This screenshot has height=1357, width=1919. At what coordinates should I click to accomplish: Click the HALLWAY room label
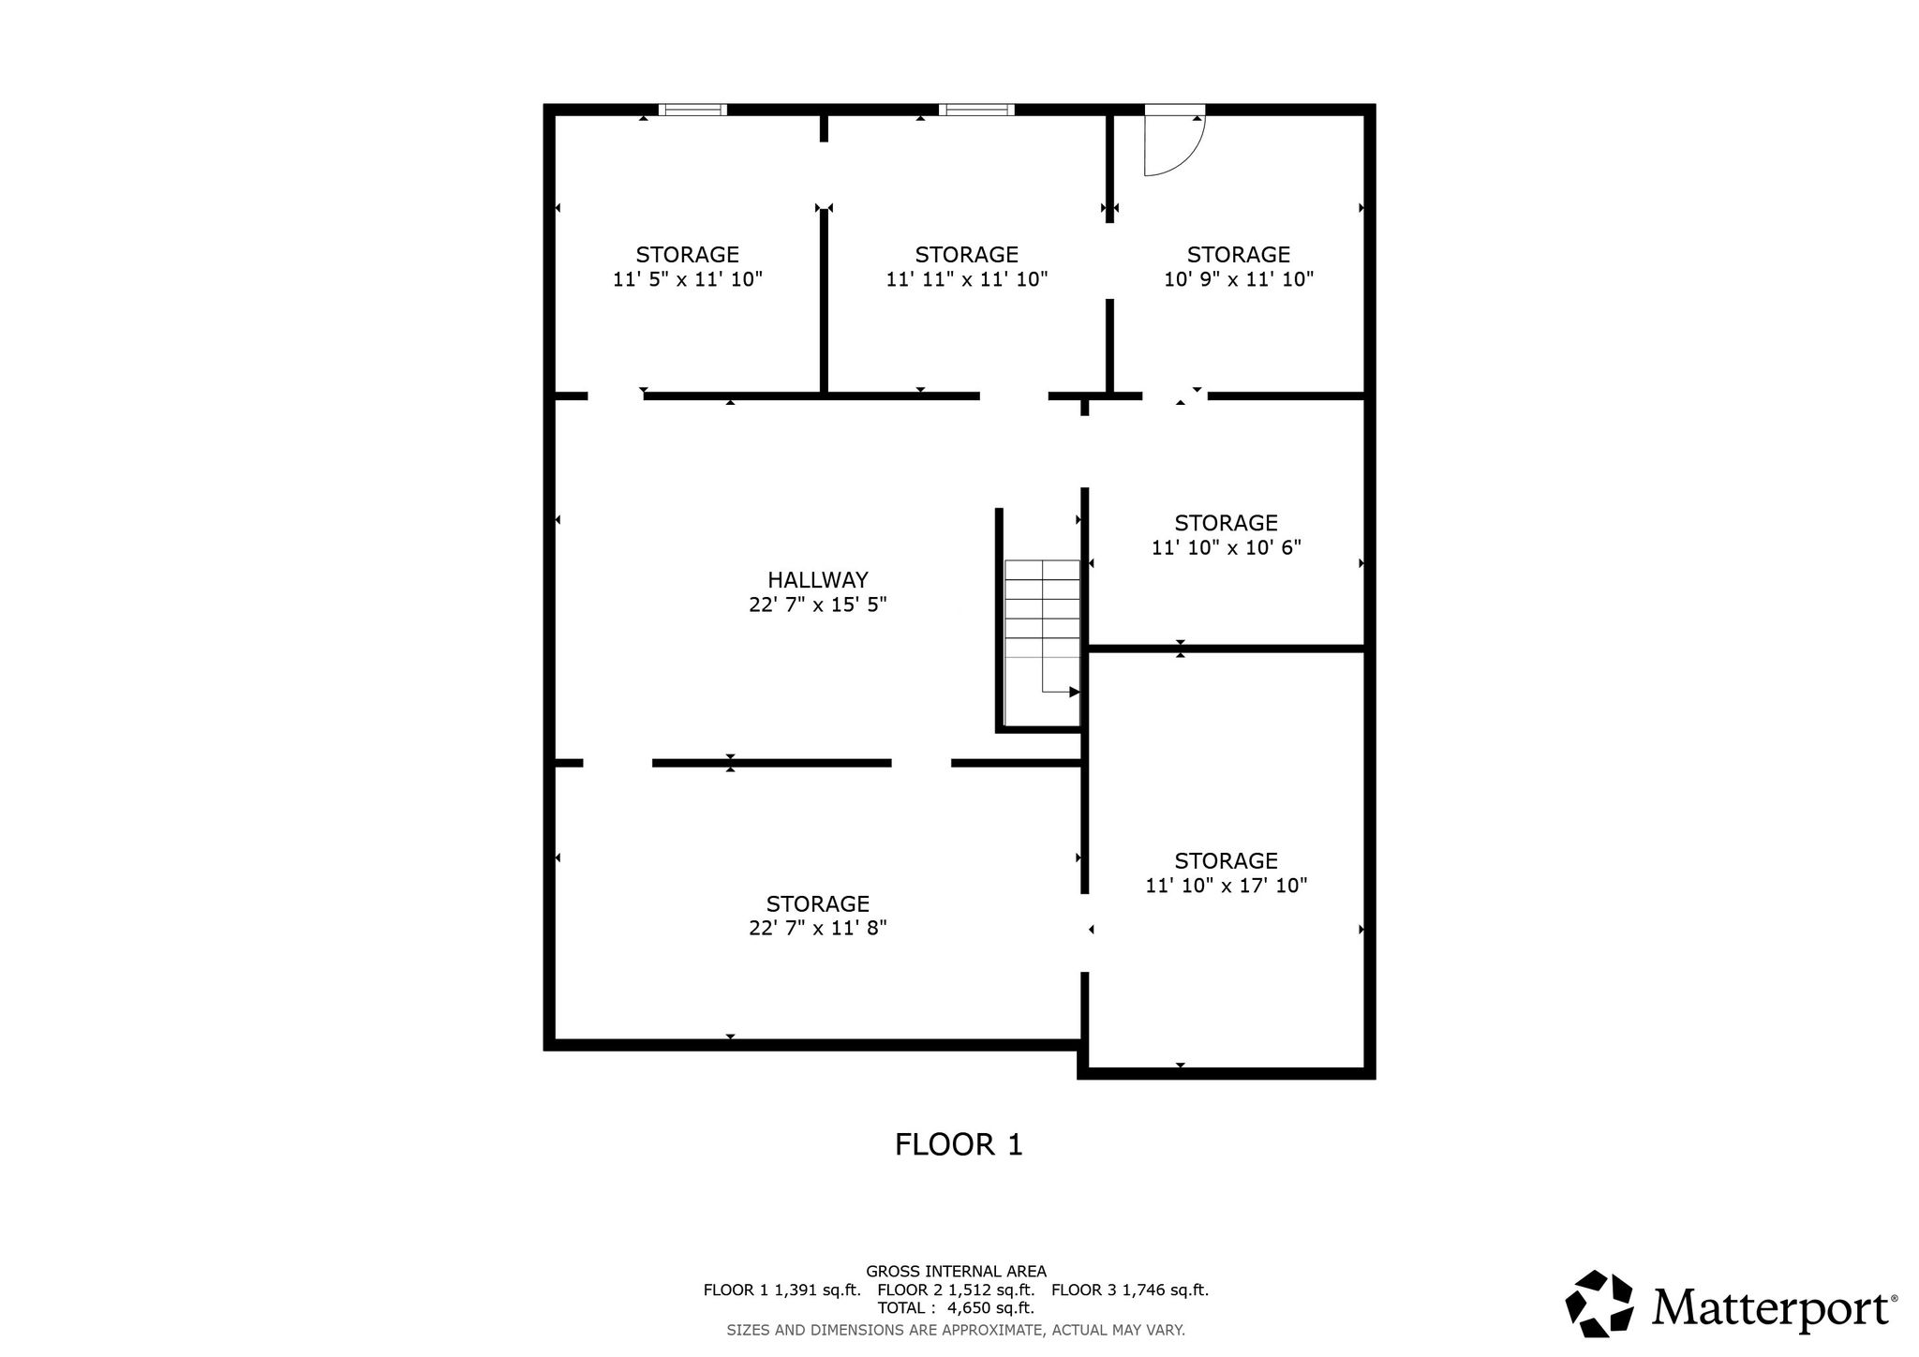click(x=818, y=580)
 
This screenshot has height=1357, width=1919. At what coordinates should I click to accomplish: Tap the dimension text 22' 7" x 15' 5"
click(x=818, y=604)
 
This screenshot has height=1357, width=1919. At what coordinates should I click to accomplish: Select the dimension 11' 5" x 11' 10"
click(x=688, y=279)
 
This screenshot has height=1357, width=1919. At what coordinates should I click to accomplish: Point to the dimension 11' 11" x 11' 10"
click(x=967, y=279)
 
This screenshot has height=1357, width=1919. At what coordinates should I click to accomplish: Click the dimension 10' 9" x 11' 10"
click(x=1239, y=279)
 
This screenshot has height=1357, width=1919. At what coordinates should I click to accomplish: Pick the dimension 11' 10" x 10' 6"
click(x=1227, y=547)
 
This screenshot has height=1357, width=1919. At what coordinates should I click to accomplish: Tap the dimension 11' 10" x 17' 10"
click(x=1227, y=886)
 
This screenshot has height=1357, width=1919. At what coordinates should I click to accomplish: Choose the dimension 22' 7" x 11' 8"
click(x=818, y=929)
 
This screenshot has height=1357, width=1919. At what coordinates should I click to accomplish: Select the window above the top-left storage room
click(x=692, y=110)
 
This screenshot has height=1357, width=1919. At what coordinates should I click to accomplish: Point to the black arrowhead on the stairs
click(x=1075, y=693)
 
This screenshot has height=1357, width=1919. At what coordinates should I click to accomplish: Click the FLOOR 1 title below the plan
click(x=959, y=1145)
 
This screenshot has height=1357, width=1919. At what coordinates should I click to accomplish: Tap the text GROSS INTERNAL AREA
click(x=956, y=1272)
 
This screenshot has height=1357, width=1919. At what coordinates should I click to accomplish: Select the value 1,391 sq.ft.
click(x=817, y=1290)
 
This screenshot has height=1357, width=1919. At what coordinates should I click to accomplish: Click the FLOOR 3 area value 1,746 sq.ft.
click(x=1166, y=1290)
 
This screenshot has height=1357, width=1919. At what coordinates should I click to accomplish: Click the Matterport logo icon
click(x=1600, y=1304)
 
